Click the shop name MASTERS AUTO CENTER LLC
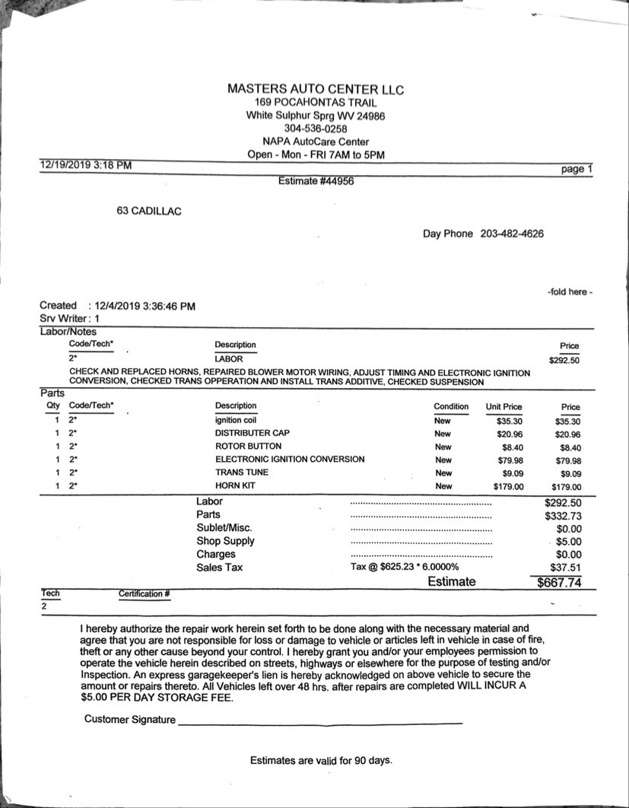tap(316, 89)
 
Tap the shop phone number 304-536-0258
tap(316, 129)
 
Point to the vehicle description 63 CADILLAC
tap(149, 211)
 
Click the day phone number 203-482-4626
tap(512, 234)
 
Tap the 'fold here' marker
tap(570, 292)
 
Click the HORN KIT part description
tap(235, 485)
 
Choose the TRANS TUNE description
tap(242, 472)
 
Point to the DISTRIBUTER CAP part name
tap(252, 433)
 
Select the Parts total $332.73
tap(563, 516)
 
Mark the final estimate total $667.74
tap(559, 583)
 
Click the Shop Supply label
tap(225, 541)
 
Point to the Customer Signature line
tap(319, 720)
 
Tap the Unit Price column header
tap(504, 407)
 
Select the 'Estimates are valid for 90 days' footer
tap(321, 760)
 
